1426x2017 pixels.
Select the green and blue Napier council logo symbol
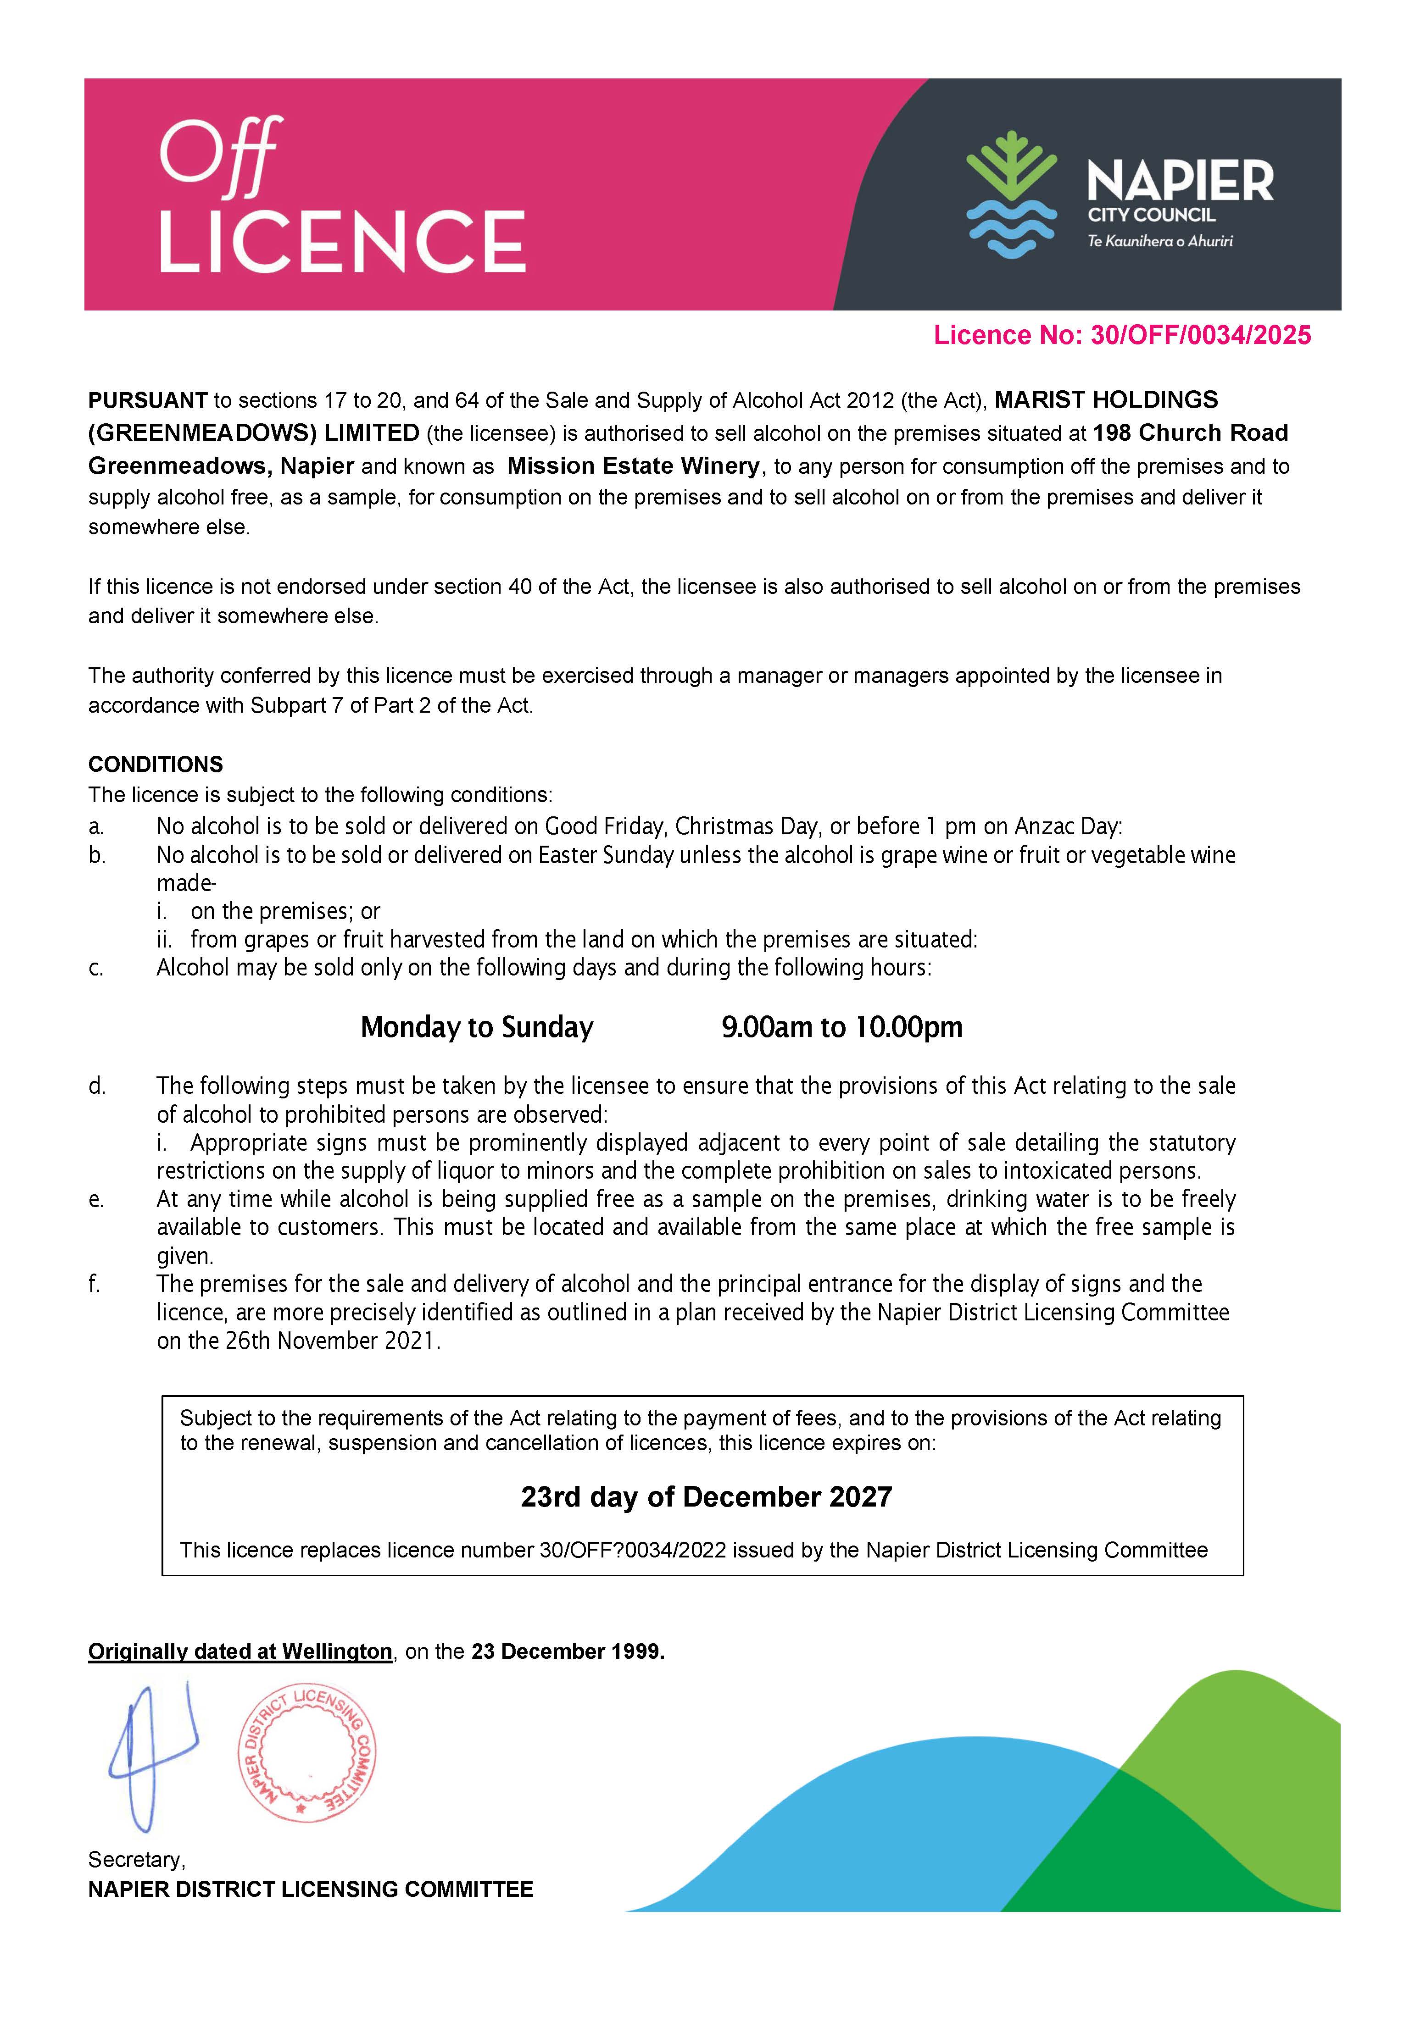pyautogui.click(x=1010, y=195)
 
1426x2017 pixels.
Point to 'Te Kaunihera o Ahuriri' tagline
pyautogui.click(x=1160, y=241)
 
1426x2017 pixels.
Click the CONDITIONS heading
pyautogui.click(x=156, y=764)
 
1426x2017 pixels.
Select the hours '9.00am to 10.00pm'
pyautogui.click(x=842, y=1027)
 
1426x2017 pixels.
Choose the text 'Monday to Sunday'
pyautogui.click(x=477, y=1027)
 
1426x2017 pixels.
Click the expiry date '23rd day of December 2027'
pyautogui.click(x=707, y=1497)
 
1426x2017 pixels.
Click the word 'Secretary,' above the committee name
pyautogui.click(x=136, y=1860)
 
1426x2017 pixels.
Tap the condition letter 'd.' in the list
pyautogui.click(x=97, y=1086)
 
